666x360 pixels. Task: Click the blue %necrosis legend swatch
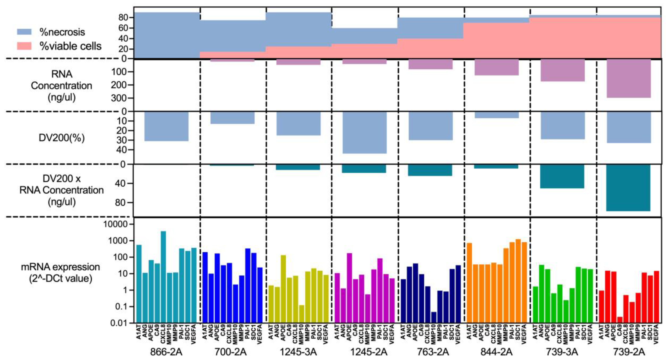pos(24,32)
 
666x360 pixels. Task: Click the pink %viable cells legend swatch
pos(24,46)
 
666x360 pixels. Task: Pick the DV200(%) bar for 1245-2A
pos(365,132)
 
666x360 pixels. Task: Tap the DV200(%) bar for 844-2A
pos(496,115)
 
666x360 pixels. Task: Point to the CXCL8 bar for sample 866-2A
pos(163,277)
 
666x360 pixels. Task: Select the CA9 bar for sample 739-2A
pos(620,320)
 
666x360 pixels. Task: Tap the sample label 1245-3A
pos(298,352)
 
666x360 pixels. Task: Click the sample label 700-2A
pos(231,352)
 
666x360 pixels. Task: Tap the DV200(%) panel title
pos(61,138)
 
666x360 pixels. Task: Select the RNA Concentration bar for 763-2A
pos(430,64)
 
